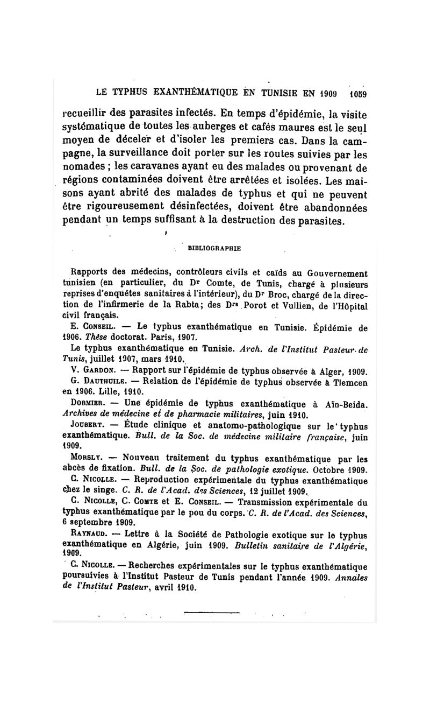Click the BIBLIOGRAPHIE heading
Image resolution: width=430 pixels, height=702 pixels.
213,248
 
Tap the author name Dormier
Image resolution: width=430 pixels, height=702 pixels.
89,404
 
